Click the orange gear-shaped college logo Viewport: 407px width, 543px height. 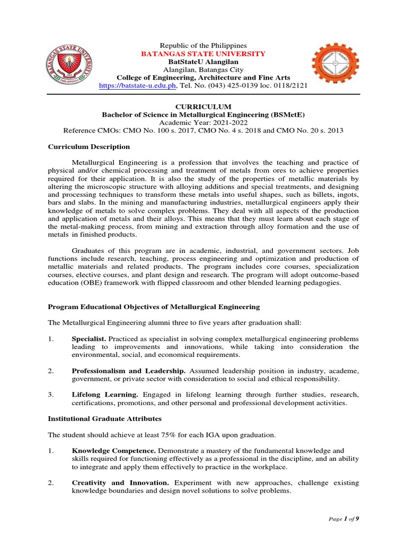pos(334,66)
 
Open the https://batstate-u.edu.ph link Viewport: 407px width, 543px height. pos(138,86)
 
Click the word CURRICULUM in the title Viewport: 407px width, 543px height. pos(203,107)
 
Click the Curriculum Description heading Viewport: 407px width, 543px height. pos(89,147)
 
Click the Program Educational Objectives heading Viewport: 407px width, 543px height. pos(154,306)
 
